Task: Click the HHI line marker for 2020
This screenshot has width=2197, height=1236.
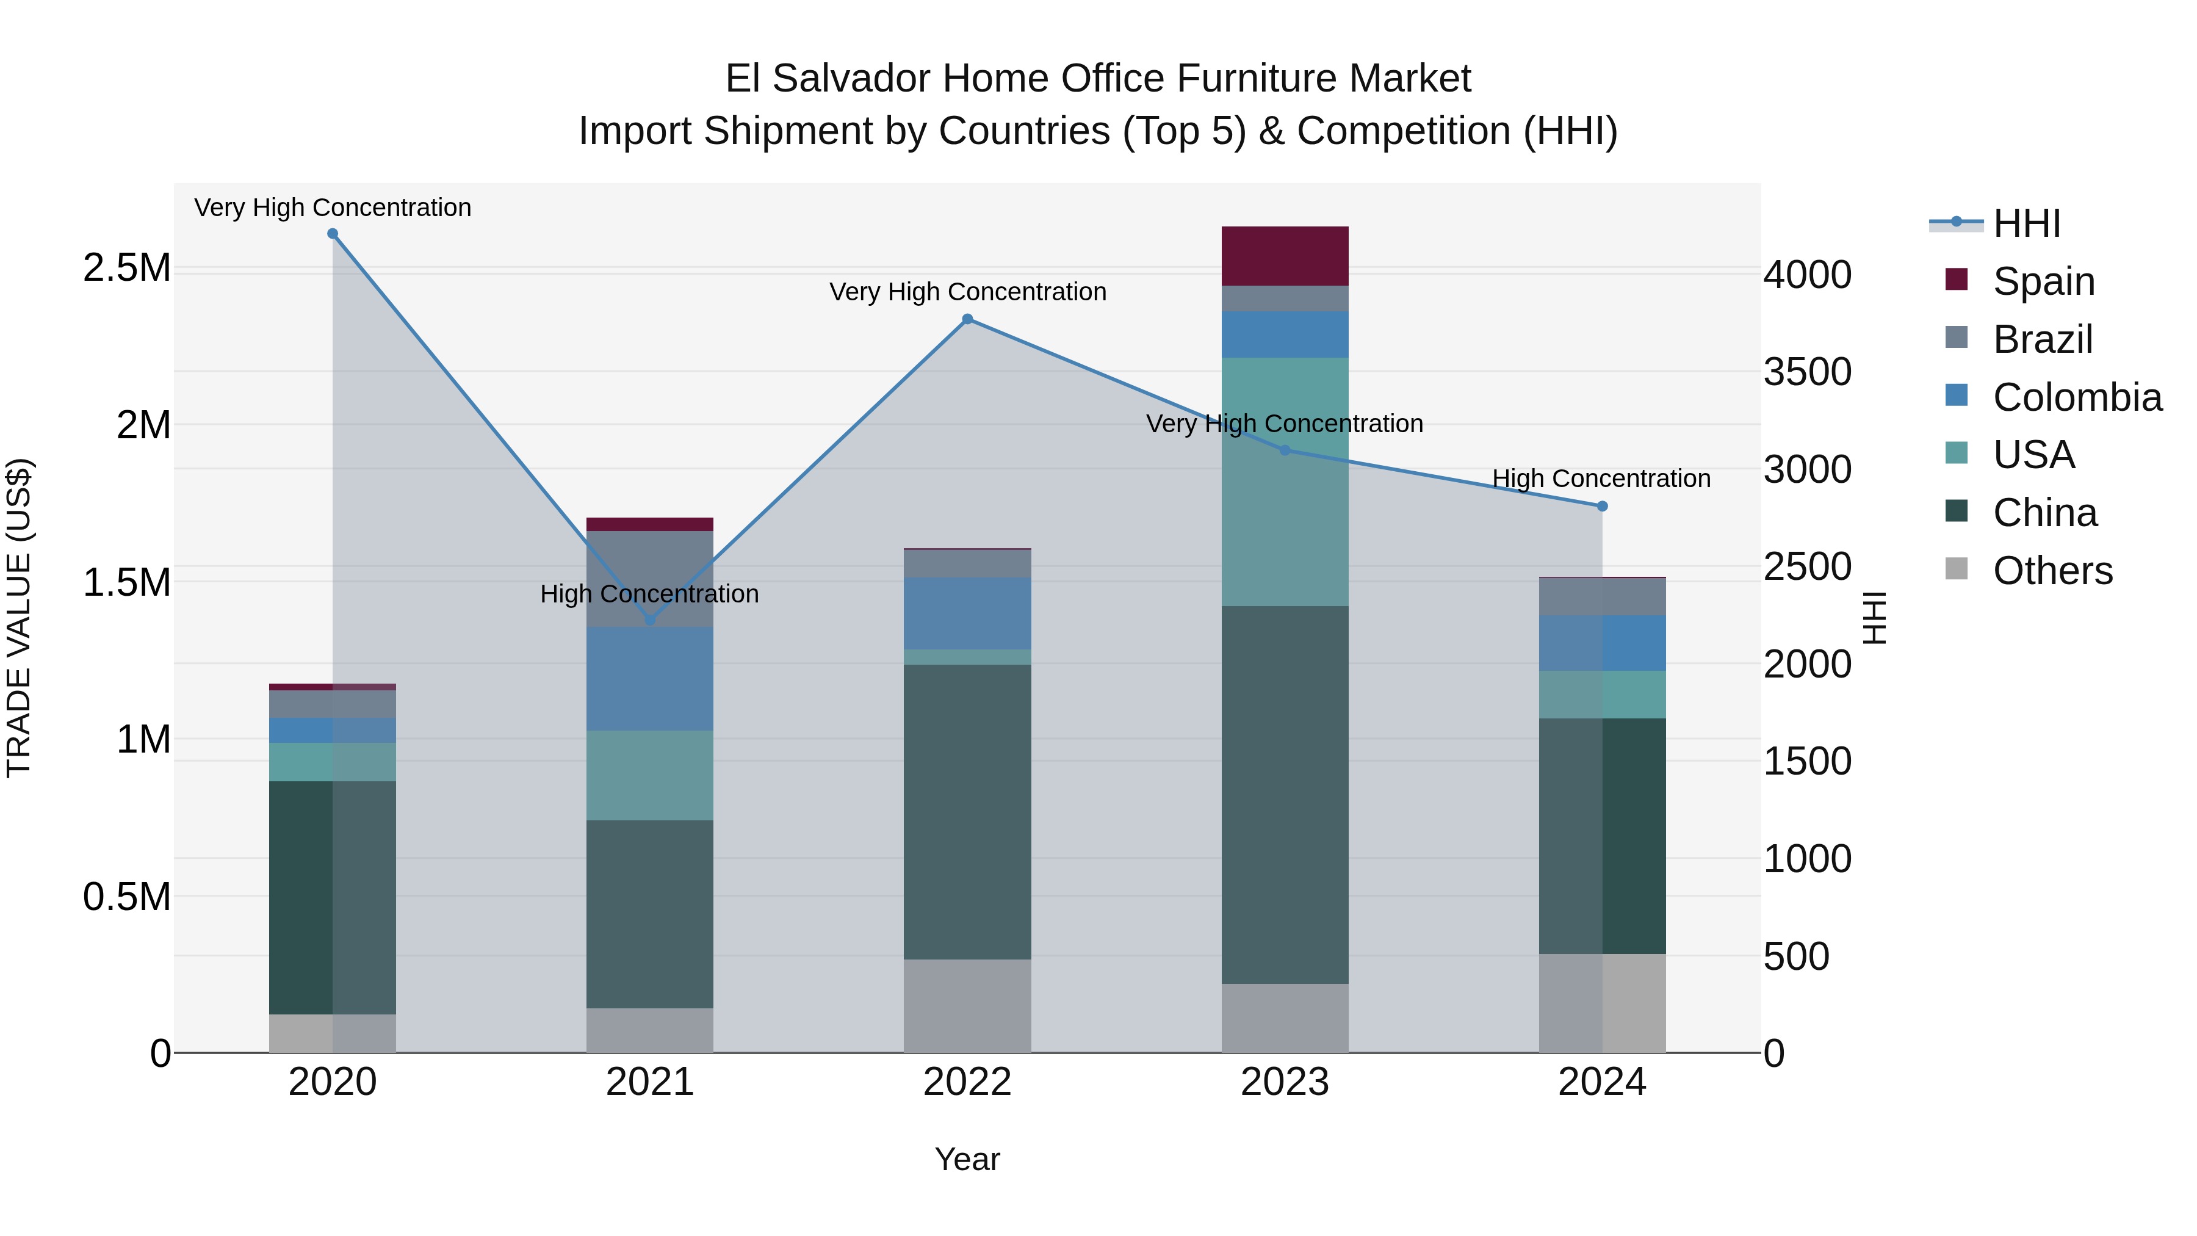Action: point(333,234)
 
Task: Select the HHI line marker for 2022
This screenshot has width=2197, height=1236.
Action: point(967,319)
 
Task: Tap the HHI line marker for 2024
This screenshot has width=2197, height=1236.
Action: point(1602,506)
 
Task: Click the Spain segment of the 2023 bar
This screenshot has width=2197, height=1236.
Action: point(1285,256)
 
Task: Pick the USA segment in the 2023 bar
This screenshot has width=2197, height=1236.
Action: point(1285,482)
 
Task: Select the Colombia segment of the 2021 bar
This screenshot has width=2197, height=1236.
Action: point(650,678)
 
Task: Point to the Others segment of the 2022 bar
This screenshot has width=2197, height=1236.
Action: point(967,1006)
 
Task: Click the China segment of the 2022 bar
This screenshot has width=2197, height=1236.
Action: point(967,811)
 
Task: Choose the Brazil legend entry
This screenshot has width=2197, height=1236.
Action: point(2042,339)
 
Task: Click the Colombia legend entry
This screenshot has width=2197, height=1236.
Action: point(2077,397)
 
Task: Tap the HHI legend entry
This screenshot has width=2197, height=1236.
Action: point(2026,223)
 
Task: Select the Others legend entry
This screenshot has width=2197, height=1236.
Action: point(2052,571)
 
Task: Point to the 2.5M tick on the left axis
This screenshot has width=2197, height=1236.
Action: point(126,268)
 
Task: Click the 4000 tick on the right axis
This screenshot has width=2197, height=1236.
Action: point(1807,275)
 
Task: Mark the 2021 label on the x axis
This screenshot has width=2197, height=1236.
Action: point(650,1082)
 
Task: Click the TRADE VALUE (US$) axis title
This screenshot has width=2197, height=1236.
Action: point(19,618)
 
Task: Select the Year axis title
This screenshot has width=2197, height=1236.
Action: point(967,1159)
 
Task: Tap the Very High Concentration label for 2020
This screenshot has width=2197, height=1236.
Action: point(333,208)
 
